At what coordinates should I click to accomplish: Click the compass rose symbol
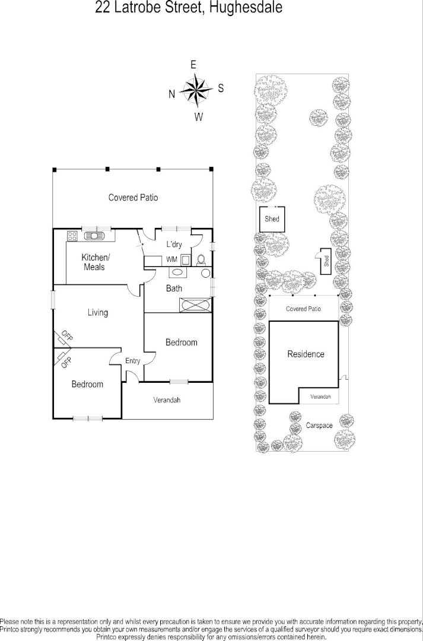[x=196, y=90]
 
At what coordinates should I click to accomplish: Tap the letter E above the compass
[x=193, y=65]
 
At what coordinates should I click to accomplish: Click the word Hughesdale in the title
[x=244, y=8]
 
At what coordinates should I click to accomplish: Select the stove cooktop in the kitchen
[x=72, y=236]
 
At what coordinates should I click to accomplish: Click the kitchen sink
[x=95, y=236]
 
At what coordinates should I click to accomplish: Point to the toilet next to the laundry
[x=201, y=259]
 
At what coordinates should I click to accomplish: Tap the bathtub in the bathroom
[x=195, y=305]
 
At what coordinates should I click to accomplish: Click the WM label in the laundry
[x=171, y=260]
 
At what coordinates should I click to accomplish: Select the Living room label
[x=98, y=313]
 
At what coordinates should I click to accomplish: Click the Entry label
[x=132, y=361]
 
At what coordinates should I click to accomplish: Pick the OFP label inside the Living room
[x=66, y=337]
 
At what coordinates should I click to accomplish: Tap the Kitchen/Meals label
[x=95, y=262]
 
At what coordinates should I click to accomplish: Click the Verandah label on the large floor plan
[x=167, y=400]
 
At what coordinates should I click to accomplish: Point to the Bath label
[x=174, y=288]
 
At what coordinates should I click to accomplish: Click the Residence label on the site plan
[x=306, y=354]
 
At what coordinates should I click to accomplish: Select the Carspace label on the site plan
[x=319, y=426]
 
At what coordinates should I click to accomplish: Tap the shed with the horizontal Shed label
[x=272, y=219]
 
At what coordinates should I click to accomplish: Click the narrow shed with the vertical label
[x=326, y=261]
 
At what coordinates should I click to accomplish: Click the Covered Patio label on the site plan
[x=303, y=309]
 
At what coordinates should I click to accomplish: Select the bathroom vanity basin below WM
[x=177, y=273]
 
